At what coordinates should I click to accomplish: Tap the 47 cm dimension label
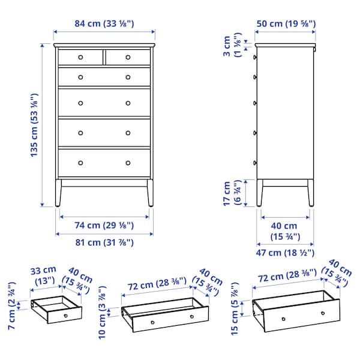coord(286,253)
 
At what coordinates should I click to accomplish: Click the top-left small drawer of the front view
coord(80,58)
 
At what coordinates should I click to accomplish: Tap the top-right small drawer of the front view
coord(128,58)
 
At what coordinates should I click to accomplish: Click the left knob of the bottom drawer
coord(80,163)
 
